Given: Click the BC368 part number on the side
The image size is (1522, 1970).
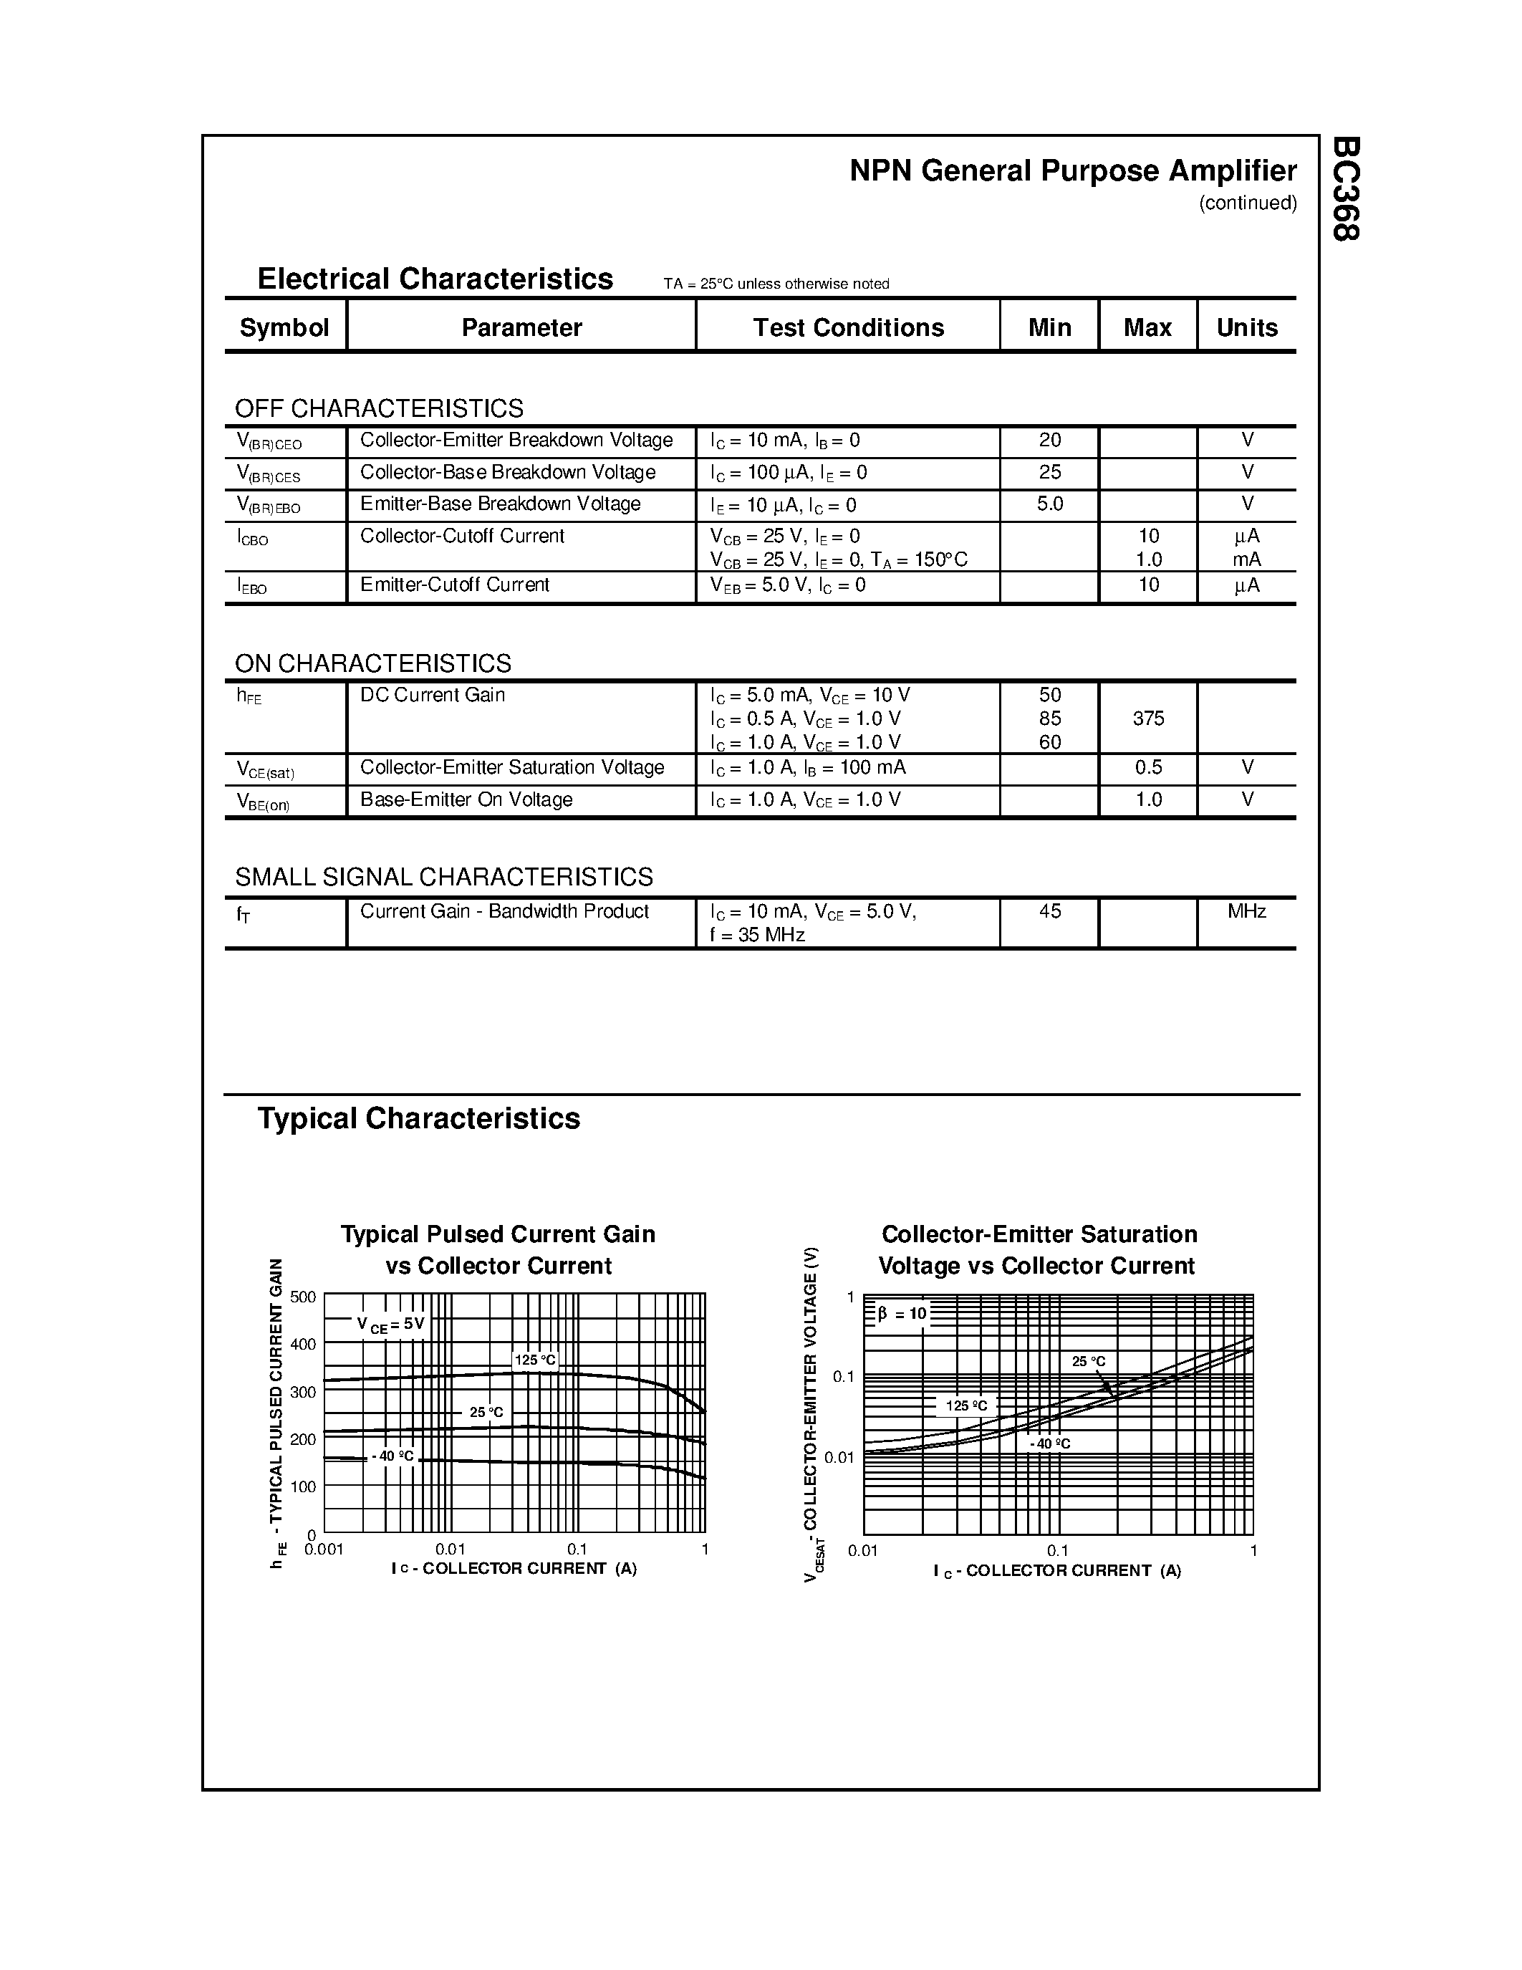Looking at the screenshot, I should click(1344, 188).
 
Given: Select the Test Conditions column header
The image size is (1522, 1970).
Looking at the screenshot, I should click(847, 327).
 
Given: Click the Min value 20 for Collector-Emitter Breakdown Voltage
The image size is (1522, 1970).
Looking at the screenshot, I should click(1049, 440).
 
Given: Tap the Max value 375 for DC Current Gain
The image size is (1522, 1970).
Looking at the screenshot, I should click(1148, 719).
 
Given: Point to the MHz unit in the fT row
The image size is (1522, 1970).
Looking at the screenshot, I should click(1246, 912).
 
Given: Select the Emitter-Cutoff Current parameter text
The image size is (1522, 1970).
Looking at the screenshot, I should click(454, 585).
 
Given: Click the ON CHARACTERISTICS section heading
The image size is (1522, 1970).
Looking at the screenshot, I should click(372, 664).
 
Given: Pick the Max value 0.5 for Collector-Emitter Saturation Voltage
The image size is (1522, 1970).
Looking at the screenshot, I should click(1148, 768).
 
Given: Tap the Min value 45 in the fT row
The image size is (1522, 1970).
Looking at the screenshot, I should click(1049, 912).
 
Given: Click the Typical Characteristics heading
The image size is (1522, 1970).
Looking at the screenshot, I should click(418, 1118).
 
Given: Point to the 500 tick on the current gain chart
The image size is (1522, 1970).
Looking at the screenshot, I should click(303, 1297).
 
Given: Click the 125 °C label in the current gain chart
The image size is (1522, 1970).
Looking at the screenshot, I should click(536, 1360).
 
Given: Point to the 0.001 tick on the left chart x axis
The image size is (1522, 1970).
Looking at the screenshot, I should click(324, 1549).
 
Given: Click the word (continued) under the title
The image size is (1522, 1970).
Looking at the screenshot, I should click(1247, 203).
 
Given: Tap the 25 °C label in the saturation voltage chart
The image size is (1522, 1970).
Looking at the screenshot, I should click(1088, 1362).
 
